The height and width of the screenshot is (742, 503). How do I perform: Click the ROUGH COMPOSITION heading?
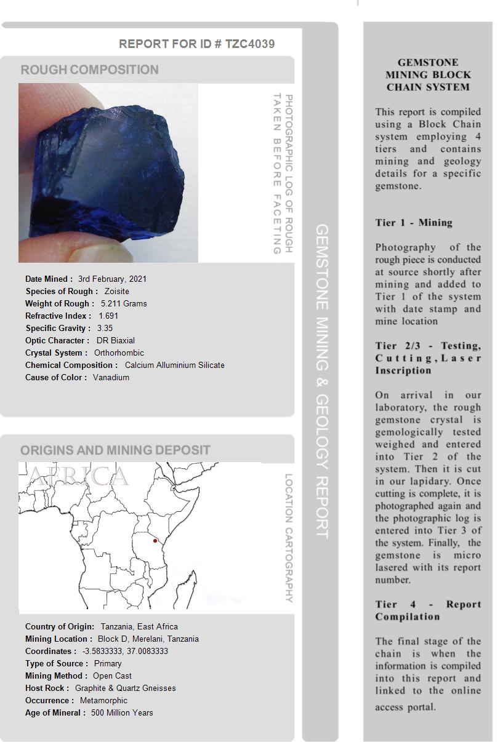(x=90, y=70)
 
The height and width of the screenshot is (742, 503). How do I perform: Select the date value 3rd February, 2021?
(x=112, y=279)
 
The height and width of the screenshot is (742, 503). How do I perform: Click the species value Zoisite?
(x=117, y=291)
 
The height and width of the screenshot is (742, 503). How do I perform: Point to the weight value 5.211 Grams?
(x=124, y=303)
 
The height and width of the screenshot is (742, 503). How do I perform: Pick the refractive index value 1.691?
(x=108, y=316)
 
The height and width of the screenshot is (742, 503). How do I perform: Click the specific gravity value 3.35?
(x=105, y=328)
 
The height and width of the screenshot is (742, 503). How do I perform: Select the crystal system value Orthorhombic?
(x=119, y=353)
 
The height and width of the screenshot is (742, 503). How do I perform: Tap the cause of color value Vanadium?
(x=111, y=377)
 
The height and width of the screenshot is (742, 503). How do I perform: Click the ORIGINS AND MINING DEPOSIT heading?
(x=115, y=450)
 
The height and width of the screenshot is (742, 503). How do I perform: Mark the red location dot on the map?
(x=155, y=541)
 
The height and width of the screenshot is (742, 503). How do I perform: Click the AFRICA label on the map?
(x=79, y=476)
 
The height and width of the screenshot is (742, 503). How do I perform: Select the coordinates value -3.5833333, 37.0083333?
(x=125, y=651)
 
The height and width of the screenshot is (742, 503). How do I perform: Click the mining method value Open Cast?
(x=112, y=676)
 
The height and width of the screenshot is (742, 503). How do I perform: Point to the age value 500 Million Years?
(x=122, y=712)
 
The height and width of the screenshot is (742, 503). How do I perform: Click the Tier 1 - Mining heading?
(x=414, y=223)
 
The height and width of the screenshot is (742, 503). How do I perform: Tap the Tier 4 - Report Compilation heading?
(x=428, y=610)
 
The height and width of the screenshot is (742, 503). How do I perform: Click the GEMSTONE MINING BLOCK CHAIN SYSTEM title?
(x=428, y=74)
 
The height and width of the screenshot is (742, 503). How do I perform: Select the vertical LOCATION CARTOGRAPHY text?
(x=289, y=538)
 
